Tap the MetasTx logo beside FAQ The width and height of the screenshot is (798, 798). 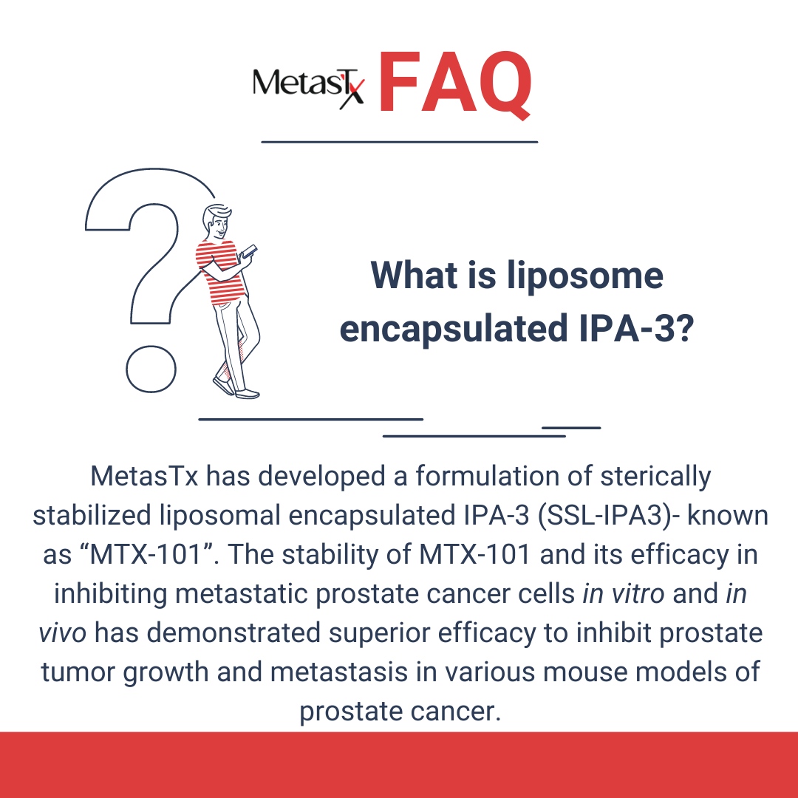click(308, 86)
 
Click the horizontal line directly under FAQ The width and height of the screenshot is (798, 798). click(400, 141)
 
